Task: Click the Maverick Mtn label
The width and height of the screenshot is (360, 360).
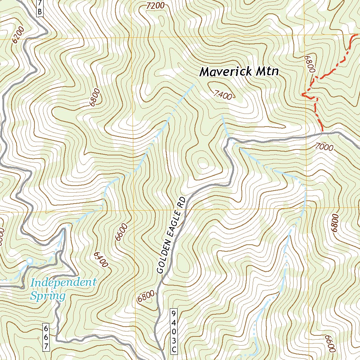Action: (239, 72)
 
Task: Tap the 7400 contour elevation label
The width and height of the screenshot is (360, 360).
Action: (223, 94)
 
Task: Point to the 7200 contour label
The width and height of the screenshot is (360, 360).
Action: (155, 5)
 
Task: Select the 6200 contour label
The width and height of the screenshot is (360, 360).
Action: (18, 35)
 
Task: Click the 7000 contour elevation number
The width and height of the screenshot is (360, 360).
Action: (324, 147)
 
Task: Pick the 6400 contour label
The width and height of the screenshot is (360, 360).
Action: (101, 260)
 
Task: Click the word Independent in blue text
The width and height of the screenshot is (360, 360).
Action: (63, 282)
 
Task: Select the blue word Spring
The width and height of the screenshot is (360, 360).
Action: (48, 295)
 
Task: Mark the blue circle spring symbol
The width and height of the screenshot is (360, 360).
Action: (30, 261)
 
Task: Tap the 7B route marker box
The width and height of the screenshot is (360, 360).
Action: (40, 8)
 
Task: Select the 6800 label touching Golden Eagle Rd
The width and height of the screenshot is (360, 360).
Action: (146, 297)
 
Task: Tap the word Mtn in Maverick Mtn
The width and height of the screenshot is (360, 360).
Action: (267, 72)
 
